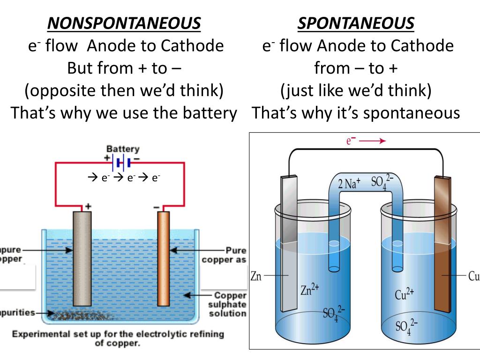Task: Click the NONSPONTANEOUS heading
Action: click(x=125, y=23)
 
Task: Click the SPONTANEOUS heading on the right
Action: click(x=356, y=23)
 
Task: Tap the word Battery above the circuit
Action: click(x=123, y=149)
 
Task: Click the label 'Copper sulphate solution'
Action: click(x=228, y=304)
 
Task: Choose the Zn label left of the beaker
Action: click(x=255, y=276)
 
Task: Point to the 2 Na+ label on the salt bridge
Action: click(x=349, y=183)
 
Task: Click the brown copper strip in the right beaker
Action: click(x=442, y=244)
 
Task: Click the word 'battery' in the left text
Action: click(x=210, y=113)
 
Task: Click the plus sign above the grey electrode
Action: click(x=88, y=206)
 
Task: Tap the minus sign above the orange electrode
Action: click(x=157, y=206)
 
